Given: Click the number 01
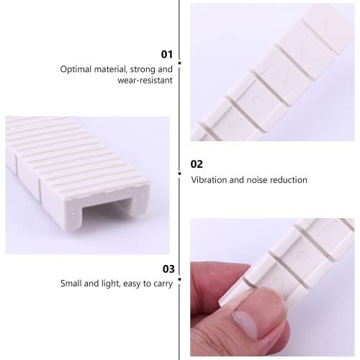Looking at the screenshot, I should (166, 54).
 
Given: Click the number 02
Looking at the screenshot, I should (197, 164).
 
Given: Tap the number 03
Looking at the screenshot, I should (168, 269).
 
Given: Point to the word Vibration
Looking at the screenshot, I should (210, 179).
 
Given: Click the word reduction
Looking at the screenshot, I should (288, 179).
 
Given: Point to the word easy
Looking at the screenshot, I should (132, 284).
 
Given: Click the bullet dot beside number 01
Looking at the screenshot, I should (179, 63).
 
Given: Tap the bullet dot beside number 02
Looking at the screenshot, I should (179, 173).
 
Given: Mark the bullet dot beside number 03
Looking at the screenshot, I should (179, 278).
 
